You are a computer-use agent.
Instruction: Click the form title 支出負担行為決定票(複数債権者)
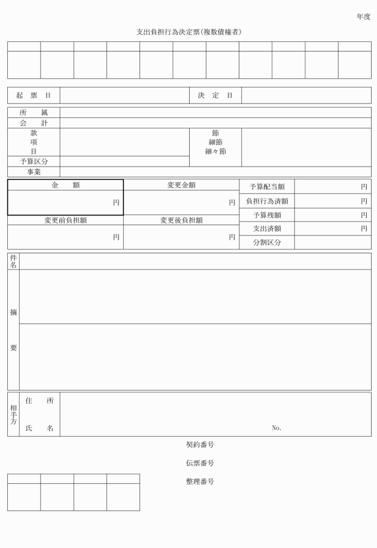tap(189, 32)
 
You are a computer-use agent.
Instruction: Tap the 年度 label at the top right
tap(363, 17)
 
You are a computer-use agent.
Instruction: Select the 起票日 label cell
tap(34, 96)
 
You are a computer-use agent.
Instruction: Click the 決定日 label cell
tap(215, 96)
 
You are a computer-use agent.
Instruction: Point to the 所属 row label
tap(34, 113)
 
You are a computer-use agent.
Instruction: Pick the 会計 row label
tap(34, 123)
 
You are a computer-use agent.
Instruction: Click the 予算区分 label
tap(34, 162)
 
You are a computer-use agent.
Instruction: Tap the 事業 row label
tap(34, 172)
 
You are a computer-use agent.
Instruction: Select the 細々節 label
tap(215, 152)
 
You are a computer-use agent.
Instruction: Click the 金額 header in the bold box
tap(65, 185)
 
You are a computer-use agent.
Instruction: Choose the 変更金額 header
tap(181, 185)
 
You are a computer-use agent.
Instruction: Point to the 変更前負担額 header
tap(65, 220)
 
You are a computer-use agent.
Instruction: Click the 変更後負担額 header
tap(181, 220)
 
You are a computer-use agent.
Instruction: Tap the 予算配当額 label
tap(267, 187)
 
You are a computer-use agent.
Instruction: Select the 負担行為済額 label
tap(267, 201)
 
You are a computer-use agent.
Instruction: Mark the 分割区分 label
tap(267, 243)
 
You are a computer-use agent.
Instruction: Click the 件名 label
tap(14, 261)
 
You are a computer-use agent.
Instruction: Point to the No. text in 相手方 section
tap(276, 428)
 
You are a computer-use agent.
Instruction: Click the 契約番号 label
tap(200, 445)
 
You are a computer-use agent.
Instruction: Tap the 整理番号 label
tap(200, 482)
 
